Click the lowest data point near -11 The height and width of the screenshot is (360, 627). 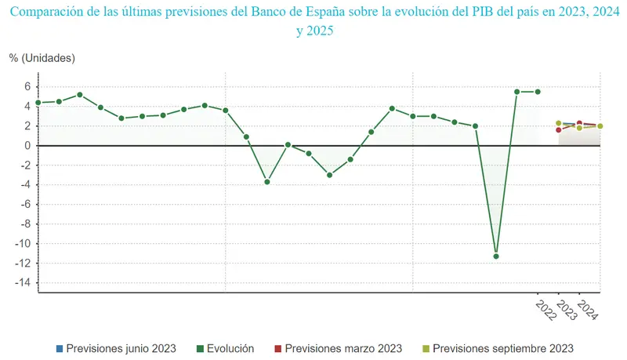pyautogui.click(x=496, y=256)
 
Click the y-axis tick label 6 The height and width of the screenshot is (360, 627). pyautogui.click(x=27, y=86)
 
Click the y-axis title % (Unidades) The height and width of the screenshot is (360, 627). pyautogui.click(x=42, y=58)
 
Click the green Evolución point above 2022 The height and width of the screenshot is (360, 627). pyautogui.click(x=538, y=92)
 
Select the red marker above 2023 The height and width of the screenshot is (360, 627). pyautogui.click(x=558, y=130)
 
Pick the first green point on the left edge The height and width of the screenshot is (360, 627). pyautogui.click(x=38, y=103)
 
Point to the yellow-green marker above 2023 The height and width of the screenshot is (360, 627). pyautogui.click(x=558, y=123)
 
